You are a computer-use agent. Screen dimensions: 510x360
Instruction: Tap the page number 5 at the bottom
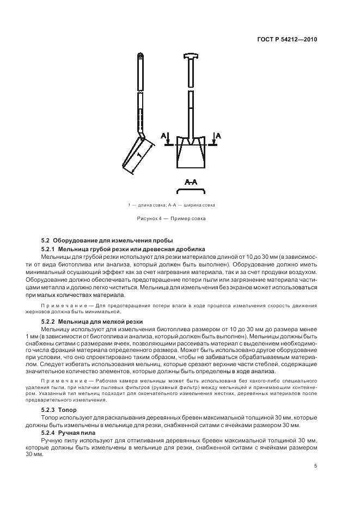pos(316,466)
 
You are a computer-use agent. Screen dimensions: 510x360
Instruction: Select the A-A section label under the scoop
pos(191,182)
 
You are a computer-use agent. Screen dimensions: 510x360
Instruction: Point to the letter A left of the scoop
pos(164,135)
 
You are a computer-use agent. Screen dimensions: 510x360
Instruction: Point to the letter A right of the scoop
pos(218,135)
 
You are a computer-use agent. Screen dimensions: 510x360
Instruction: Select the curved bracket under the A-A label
pos(191,190)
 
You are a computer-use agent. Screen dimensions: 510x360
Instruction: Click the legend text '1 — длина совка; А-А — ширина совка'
pos(171,205)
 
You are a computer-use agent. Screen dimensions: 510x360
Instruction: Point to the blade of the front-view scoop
pos(191,158)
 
